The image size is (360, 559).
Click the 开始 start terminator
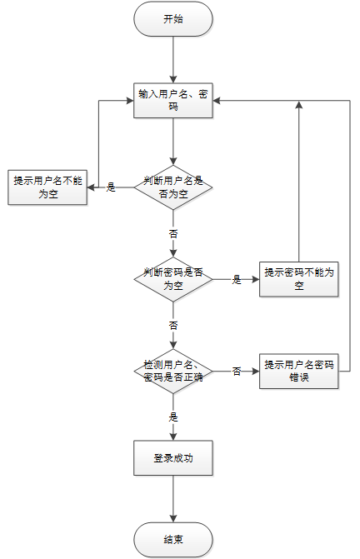[x=173, y=19]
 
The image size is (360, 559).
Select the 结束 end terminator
[x=173, y=539]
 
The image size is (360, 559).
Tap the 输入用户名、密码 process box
[x=173, y=101]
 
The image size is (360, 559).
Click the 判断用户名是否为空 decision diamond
[x=173, y=187]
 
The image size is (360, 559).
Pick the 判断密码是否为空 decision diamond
[x=173, y=279]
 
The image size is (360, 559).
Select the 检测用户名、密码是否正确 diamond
[x=173, y=371]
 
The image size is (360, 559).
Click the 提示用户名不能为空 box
[x=47, y=187]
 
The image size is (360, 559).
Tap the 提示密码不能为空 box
[x=298, y=279]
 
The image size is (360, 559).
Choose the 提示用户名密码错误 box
[x=298, y=371]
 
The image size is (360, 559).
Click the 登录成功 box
[x=173, y=458]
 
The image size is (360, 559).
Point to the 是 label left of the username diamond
[x=111, y=187]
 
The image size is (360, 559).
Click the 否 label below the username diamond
[x=173, y=234]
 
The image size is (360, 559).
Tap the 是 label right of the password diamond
[x=237, y=280]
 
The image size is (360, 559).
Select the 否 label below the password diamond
[x=173, y=326]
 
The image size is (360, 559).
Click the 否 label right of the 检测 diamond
[x=237, y=372]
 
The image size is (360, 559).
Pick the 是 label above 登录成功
[x=173, y=417]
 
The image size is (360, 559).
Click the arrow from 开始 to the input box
[x=173, y=59]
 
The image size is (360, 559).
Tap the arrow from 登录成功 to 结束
[x=173, y=499]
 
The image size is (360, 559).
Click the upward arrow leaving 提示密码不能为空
[x=298, y=181]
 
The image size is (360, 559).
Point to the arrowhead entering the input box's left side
[x=130, y=101]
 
